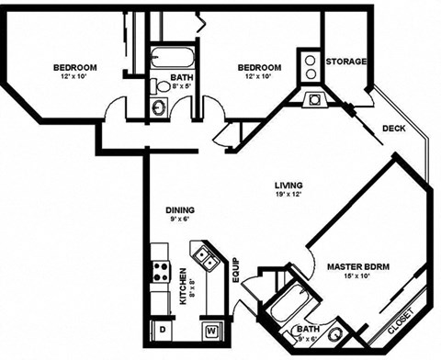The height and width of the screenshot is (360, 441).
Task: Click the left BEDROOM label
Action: click(75, 67)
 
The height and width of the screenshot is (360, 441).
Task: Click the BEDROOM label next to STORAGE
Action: click(259, 67)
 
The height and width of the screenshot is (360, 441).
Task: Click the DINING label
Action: click(180, 208)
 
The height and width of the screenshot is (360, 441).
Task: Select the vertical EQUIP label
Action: click(235, 269)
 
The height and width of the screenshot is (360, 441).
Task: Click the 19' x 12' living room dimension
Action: click(288, 194)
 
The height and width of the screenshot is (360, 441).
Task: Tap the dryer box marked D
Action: click(162, 328)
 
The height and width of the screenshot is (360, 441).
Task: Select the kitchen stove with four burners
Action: click(161, 272)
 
